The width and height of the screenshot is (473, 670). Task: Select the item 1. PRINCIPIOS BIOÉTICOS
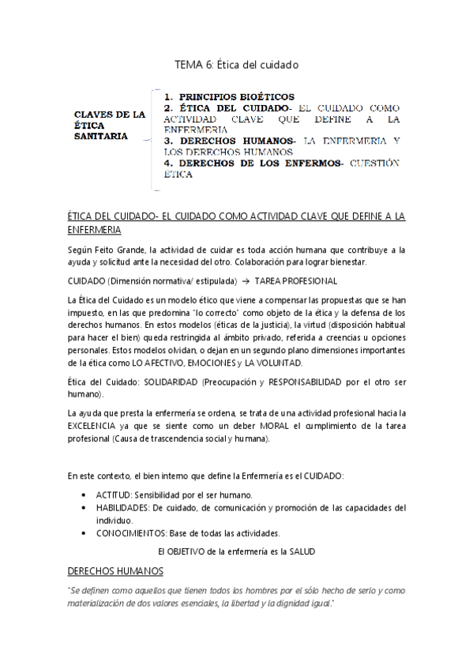pos(229,96)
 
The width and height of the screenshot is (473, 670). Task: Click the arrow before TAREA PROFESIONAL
pos(246,280)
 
